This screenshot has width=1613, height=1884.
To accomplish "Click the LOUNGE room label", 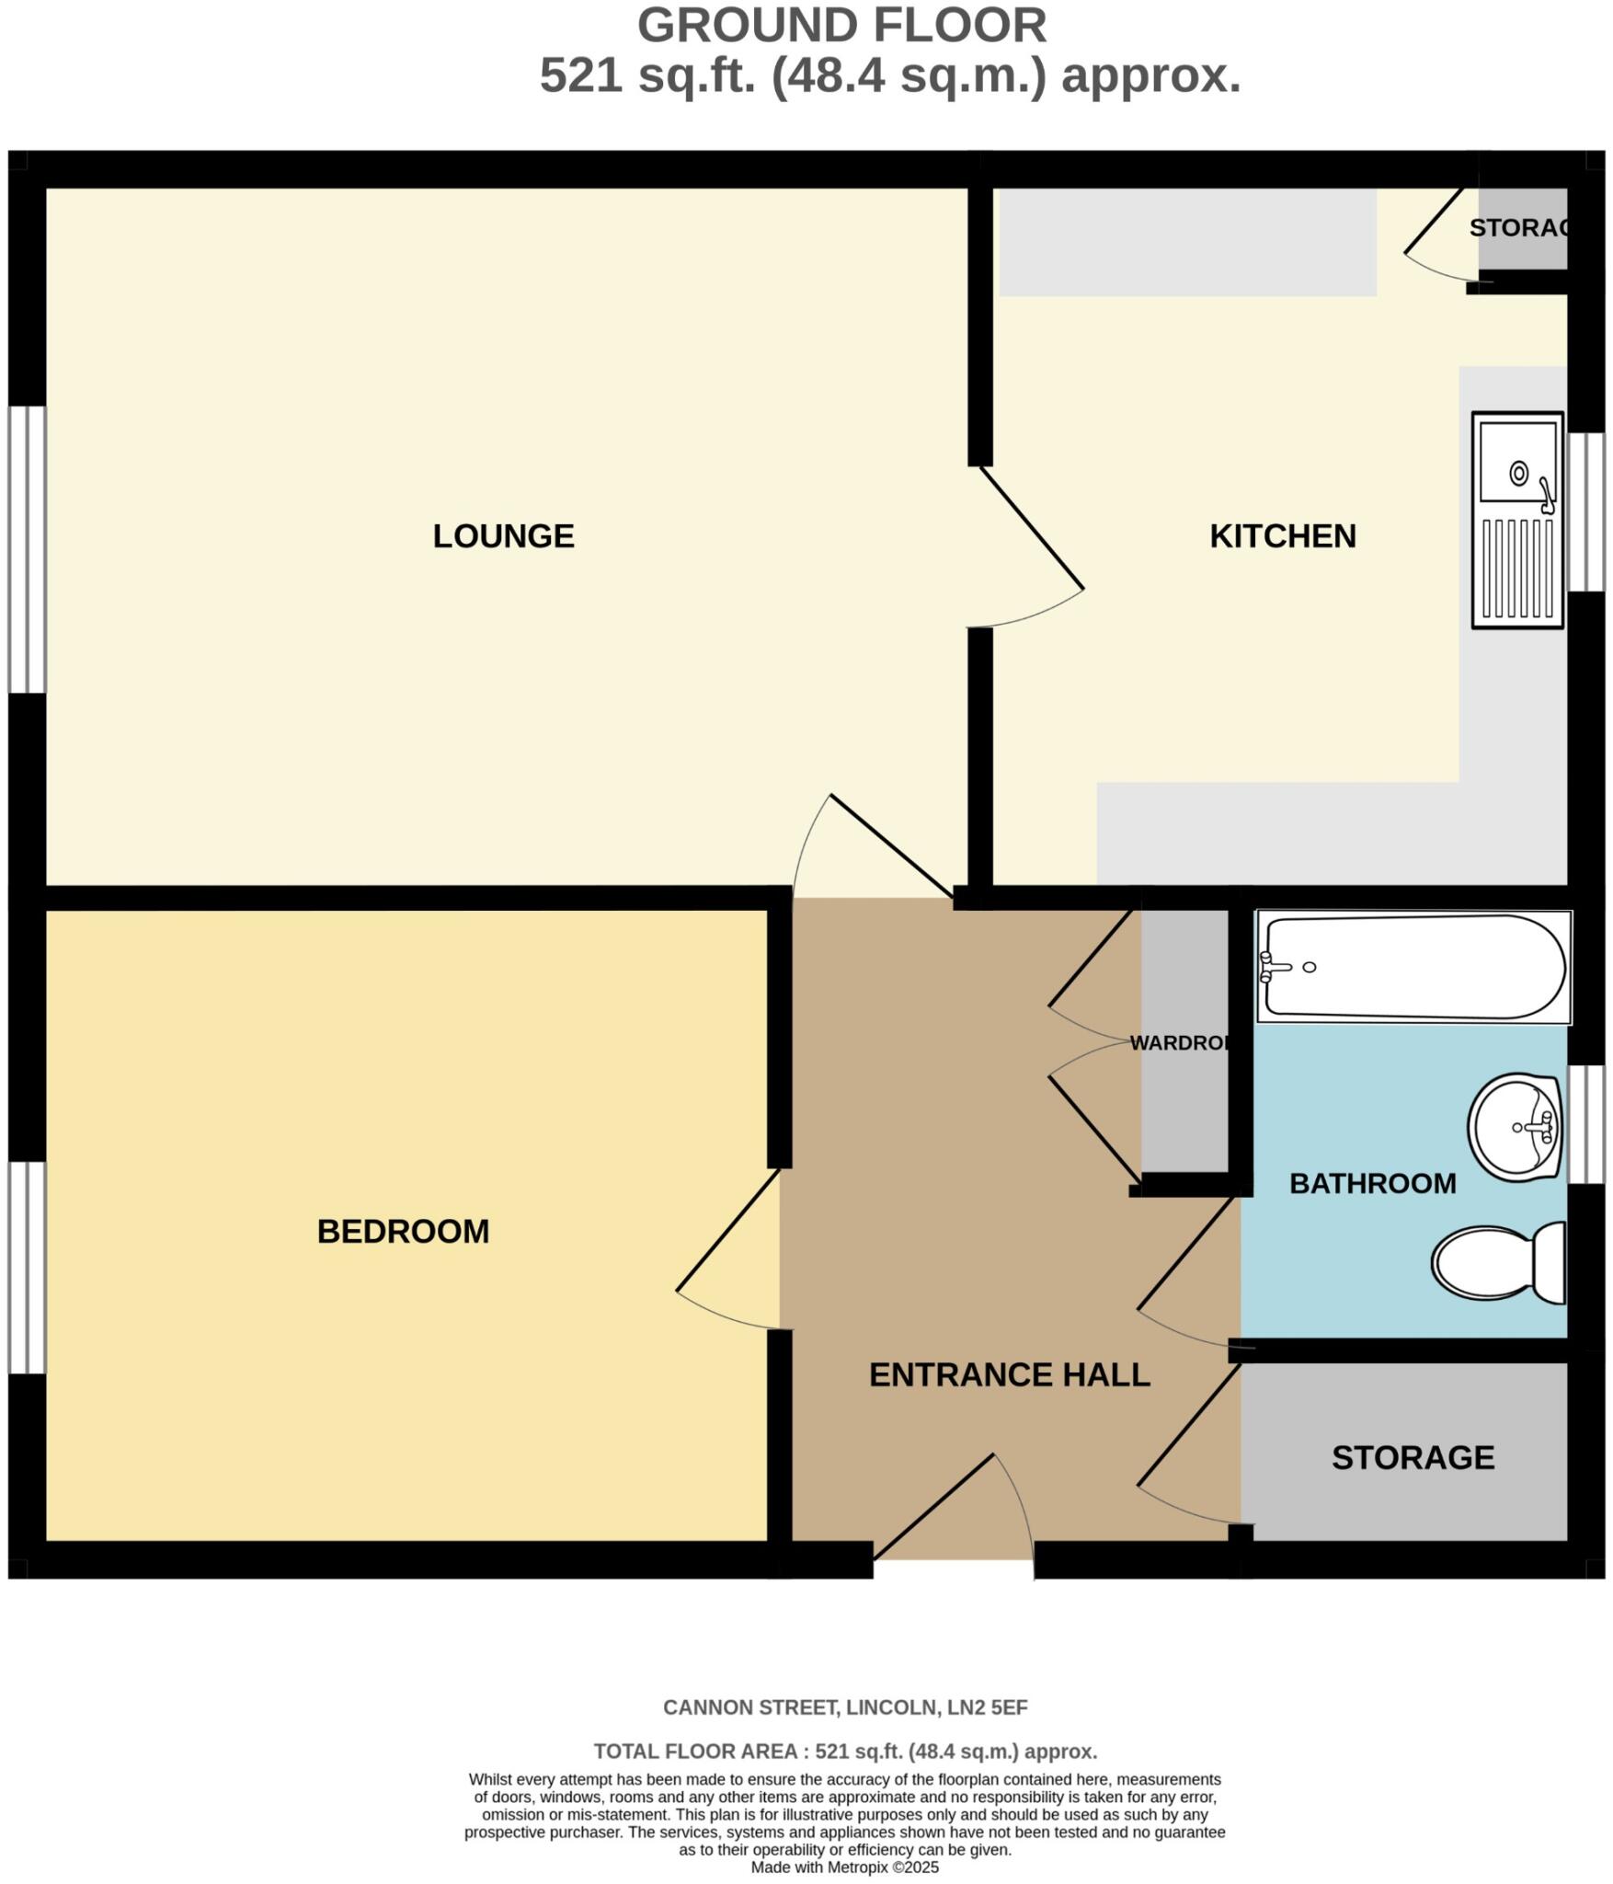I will click(x=503, y=535).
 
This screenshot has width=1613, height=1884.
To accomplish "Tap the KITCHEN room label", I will click(x=1282, y=535).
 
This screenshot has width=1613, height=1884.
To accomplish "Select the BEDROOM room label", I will click(x=403, y=1231).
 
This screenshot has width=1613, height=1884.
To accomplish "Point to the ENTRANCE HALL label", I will click(x=1009, y=1374).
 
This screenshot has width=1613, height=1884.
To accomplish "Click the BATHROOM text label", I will click(x=1372, y=1183).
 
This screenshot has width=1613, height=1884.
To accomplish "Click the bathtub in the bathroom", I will click(x=1413, y=966).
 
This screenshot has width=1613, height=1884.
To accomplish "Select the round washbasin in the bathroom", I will click(x=1513, y=1126).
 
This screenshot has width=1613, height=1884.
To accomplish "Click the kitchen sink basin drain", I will click(x=1519, y=473).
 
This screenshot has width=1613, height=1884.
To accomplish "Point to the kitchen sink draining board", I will click(x=1518, y=569).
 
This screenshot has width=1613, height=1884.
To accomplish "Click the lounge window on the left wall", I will click(x=27, y=549).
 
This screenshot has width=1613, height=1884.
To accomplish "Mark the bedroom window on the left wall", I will click(x=27, y=1268).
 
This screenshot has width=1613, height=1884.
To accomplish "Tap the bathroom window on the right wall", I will click(x=1585, y=1124).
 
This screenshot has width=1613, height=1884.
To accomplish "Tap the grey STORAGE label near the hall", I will click(x=1413, y=1457).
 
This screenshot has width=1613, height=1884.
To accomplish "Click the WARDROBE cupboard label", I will click(x=1179, y=1042).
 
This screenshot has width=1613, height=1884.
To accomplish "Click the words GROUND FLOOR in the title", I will click(x=841, y=26).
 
